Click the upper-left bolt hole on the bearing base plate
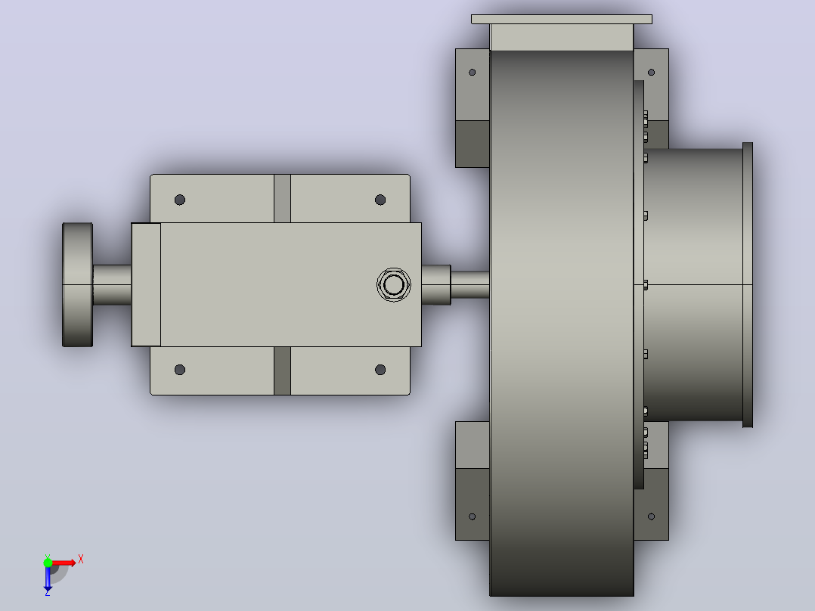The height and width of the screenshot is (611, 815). coord(180,200)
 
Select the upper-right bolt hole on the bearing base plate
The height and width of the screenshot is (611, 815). coord(380,200)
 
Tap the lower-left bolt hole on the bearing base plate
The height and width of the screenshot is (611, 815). coord(180,370)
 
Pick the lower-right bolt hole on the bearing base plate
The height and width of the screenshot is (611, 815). coord(380,370)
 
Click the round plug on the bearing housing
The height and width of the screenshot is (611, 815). coord(393,284)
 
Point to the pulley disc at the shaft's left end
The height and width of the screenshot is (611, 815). coord(77,284)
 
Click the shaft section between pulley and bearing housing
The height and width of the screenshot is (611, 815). coord(112,284)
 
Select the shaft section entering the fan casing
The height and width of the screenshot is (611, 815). coord(470,284)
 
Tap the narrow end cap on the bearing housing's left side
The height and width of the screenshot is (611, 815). coord(146,284)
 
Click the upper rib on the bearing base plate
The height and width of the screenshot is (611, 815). coord(282,199)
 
